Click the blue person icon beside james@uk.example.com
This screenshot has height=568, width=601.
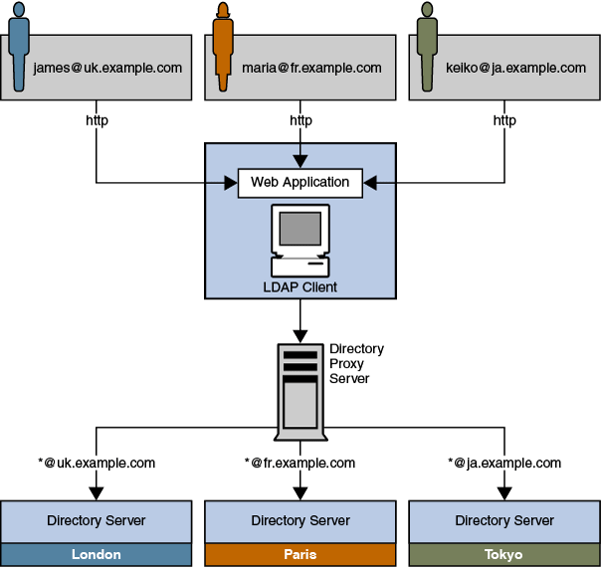18,45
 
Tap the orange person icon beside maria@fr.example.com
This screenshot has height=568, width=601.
222,45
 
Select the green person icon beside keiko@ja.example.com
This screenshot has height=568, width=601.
427,45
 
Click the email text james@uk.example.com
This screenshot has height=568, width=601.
107,68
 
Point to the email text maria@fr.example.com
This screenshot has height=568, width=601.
311,68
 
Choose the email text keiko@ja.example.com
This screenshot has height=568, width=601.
515,68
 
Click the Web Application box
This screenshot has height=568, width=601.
300,183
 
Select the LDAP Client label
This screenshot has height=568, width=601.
300,287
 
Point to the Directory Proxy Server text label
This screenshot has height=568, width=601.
356,364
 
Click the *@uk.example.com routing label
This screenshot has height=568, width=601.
97,463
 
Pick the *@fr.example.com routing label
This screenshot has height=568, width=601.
300,463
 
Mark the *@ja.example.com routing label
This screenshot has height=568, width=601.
504,463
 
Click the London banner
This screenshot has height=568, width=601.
96,554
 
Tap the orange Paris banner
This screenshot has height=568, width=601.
300,554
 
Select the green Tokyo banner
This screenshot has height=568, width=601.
504,554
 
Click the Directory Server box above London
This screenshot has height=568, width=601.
96,520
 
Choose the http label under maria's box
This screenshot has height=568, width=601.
300,120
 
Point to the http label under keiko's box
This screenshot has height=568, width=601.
504,120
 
